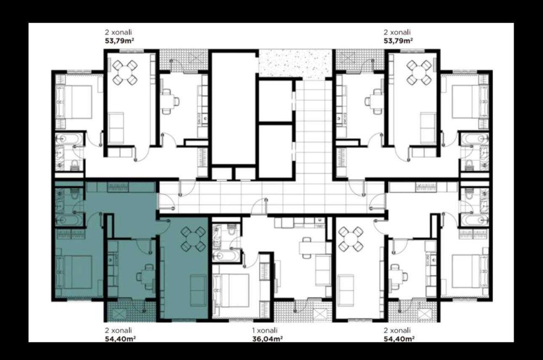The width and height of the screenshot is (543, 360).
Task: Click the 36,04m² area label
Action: (x=267, y=338)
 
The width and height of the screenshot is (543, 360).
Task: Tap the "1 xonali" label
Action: (x=264, y=330)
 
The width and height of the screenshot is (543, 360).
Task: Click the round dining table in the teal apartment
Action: (x=193, y=238)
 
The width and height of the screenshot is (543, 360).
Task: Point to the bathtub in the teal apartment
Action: (x=70, y=220)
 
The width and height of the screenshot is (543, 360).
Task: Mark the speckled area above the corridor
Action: (x=295, y=64)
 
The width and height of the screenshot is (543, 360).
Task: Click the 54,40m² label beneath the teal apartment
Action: (x=120, y=338)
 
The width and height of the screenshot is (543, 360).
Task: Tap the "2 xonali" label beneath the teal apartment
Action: (x=118, y=330)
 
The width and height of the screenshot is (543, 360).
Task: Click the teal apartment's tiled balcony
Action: (x=131, y=310)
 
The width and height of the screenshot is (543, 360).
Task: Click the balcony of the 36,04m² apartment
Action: (x=303, y=310)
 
